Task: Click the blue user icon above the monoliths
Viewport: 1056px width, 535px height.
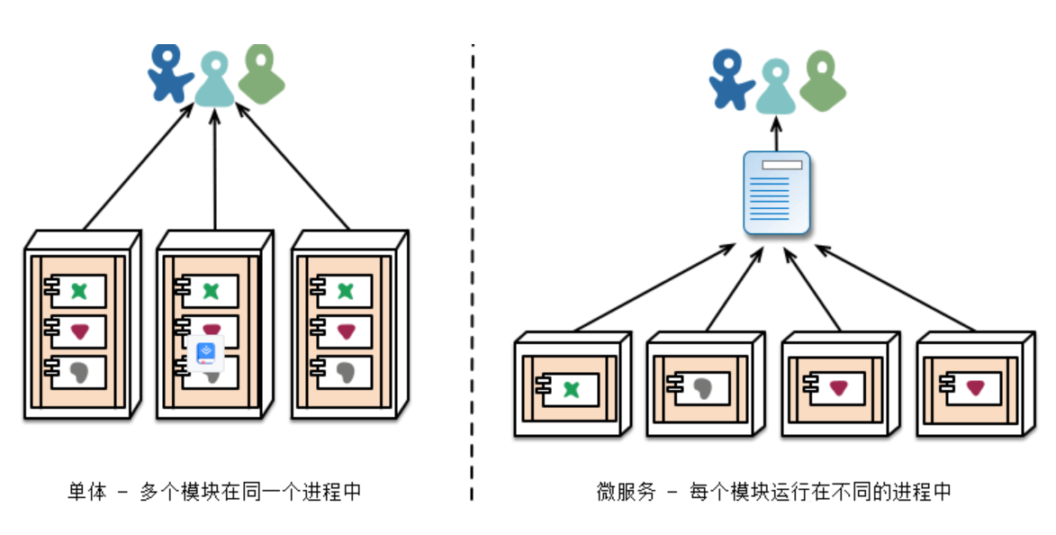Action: pyautogui.click(x=169, y=72)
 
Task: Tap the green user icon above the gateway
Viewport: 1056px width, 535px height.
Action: pyautogui.click(x=822, y=81)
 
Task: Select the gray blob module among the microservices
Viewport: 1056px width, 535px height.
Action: pyautogui.click(x=703, y=388)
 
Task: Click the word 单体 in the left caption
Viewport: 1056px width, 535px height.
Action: pyautogui.click(x=87, y=492)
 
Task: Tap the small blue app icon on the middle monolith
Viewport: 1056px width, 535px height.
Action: pyautogui.click(x=208, y=351)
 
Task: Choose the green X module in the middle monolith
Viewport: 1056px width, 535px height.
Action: pyautogui.click(x=211, y=291)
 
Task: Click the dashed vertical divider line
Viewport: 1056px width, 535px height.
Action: pyautogui.click(x=472, y=270)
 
